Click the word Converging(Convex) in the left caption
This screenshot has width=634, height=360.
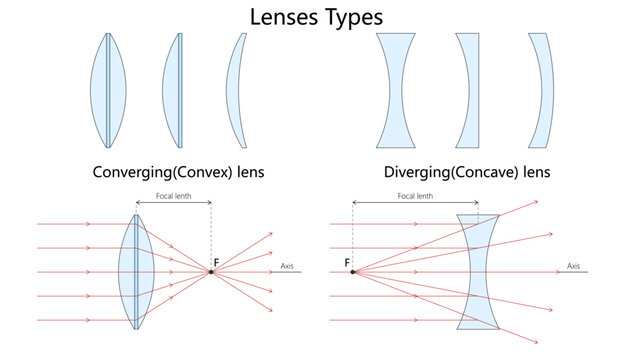(x=152, y=171)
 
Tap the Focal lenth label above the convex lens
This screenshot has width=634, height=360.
(x=173, y=196)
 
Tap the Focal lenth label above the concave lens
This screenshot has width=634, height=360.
(x=414, y=196)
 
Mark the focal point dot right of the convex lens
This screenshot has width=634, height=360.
(x=211, y=271)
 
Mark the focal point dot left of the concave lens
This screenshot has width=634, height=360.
(x=353, y=271)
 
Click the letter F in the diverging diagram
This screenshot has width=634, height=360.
(x=347, y=262)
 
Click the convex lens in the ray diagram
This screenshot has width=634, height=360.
(x=134, y=271)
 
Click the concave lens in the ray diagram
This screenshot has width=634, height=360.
(x=477, y=271)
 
